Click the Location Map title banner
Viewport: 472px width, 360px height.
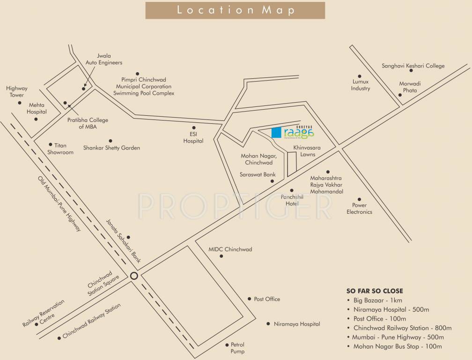point(235,10)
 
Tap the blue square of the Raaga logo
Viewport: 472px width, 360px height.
point(277,133)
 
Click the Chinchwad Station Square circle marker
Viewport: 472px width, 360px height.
point(134,276)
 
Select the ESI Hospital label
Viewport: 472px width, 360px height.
point(193,137)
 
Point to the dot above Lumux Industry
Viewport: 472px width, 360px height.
point(360,76)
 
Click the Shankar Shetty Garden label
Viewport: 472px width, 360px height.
point(111,148)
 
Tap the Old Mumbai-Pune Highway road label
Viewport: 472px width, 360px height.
point(60,203)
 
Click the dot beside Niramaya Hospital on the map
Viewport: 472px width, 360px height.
point(268,323)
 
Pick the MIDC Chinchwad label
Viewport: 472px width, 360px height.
point(230,249)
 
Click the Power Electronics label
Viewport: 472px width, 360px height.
point(359,209)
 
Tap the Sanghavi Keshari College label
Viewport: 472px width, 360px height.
point(413,66)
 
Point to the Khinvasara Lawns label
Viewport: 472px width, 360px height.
point(304,151)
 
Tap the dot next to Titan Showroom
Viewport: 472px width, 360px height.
point(51,145)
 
